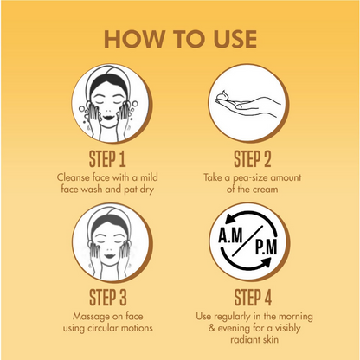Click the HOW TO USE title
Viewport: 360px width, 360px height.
pos(180,39)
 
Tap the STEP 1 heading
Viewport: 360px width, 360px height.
pos(107,159)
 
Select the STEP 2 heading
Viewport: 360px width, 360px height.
pos(253,159)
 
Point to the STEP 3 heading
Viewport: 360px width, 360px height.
pos(108,298)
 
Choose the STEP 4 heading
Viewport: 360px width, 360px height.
pos(253,298)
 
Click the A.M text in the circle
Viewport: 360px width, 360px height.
pos(230,235)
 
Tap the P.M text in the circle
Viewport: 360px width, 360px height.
pos(266,247)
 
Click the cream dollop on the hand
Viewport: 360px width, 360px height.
pos(225,95)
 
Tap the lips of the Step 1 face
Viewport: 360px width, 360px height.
pos(109,118)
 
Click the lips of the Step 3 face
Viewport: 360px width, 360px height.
pos(110,255)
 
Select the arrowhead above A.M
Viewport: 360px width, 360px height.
pos(230,220)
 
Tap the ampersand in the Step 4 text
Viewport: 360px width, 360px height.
pos(212,328)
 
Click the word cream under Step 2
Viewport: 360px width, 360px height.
pos(265,190)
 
